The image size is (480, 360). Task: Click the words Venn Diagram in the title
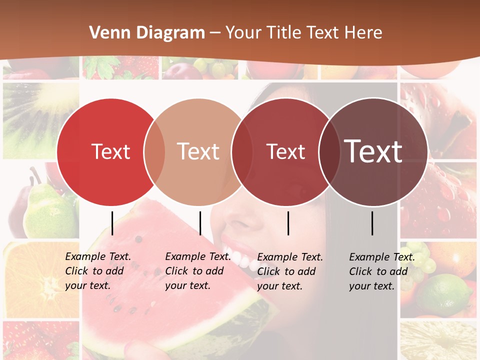click(x=147, y=33)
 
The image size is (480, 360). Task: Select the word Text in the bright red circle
click(x=110, y=151)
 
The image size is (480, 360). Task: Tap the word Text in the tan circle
click(x=198, y=151)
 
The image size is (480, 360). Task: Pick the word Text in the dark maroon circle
click(x=285, y=152)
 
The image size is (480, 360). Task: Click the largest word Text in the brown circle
click(x=373, y=151)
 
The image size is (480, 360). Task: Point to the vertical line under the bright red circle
click(x=112, y=223)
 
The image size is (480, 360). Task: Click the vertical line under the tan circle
click(x=200, y=223)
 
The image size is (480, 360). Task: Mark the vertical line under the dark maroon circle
click(x=288, y=223)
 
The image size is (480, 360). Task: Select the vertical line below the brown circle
click(x=372, y=223)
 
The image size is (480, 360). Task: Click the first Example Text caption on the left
click(x=98, y=271)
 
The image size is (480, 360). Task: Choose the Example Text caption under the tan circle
click(x=198, y=271)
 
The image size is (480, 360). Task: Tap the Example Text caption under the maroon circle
click(x=290, y=271)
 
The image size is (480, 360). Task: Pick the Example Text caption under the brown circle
click(x=382, y=271)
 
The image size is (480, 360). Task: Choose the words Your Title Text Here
click(x=303, y=33)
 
